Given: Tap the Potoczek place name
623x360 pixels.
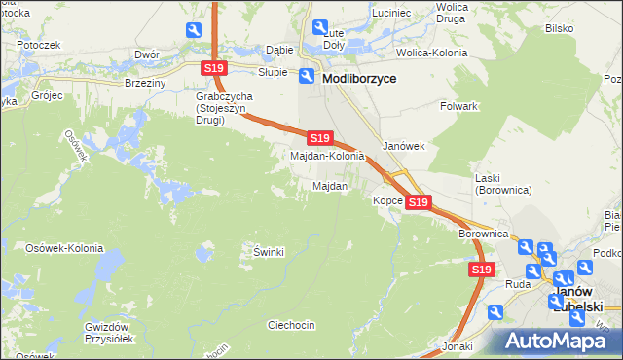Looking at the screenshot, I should (38, 45).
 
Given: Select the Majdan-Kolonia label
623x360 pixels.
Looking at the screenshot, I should (327, 156).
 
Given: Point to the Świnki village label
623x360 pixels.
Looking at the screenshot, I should (268, 252).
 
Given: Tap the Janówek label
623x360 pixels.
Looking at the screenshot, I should (404, 146).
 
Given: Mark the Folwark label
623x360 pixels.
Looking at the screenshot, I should (458, 105).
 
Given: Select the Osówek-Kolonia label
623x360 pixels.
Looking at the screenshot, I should (64, 248).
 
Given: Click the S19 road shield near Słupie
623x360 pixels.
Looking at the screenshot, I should (214, 68).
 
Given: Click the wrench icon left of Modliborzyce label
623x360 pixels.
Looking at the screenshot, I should (307, 77).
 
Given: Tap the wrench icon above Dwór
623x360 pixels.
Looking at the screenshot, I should (193, 31).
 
